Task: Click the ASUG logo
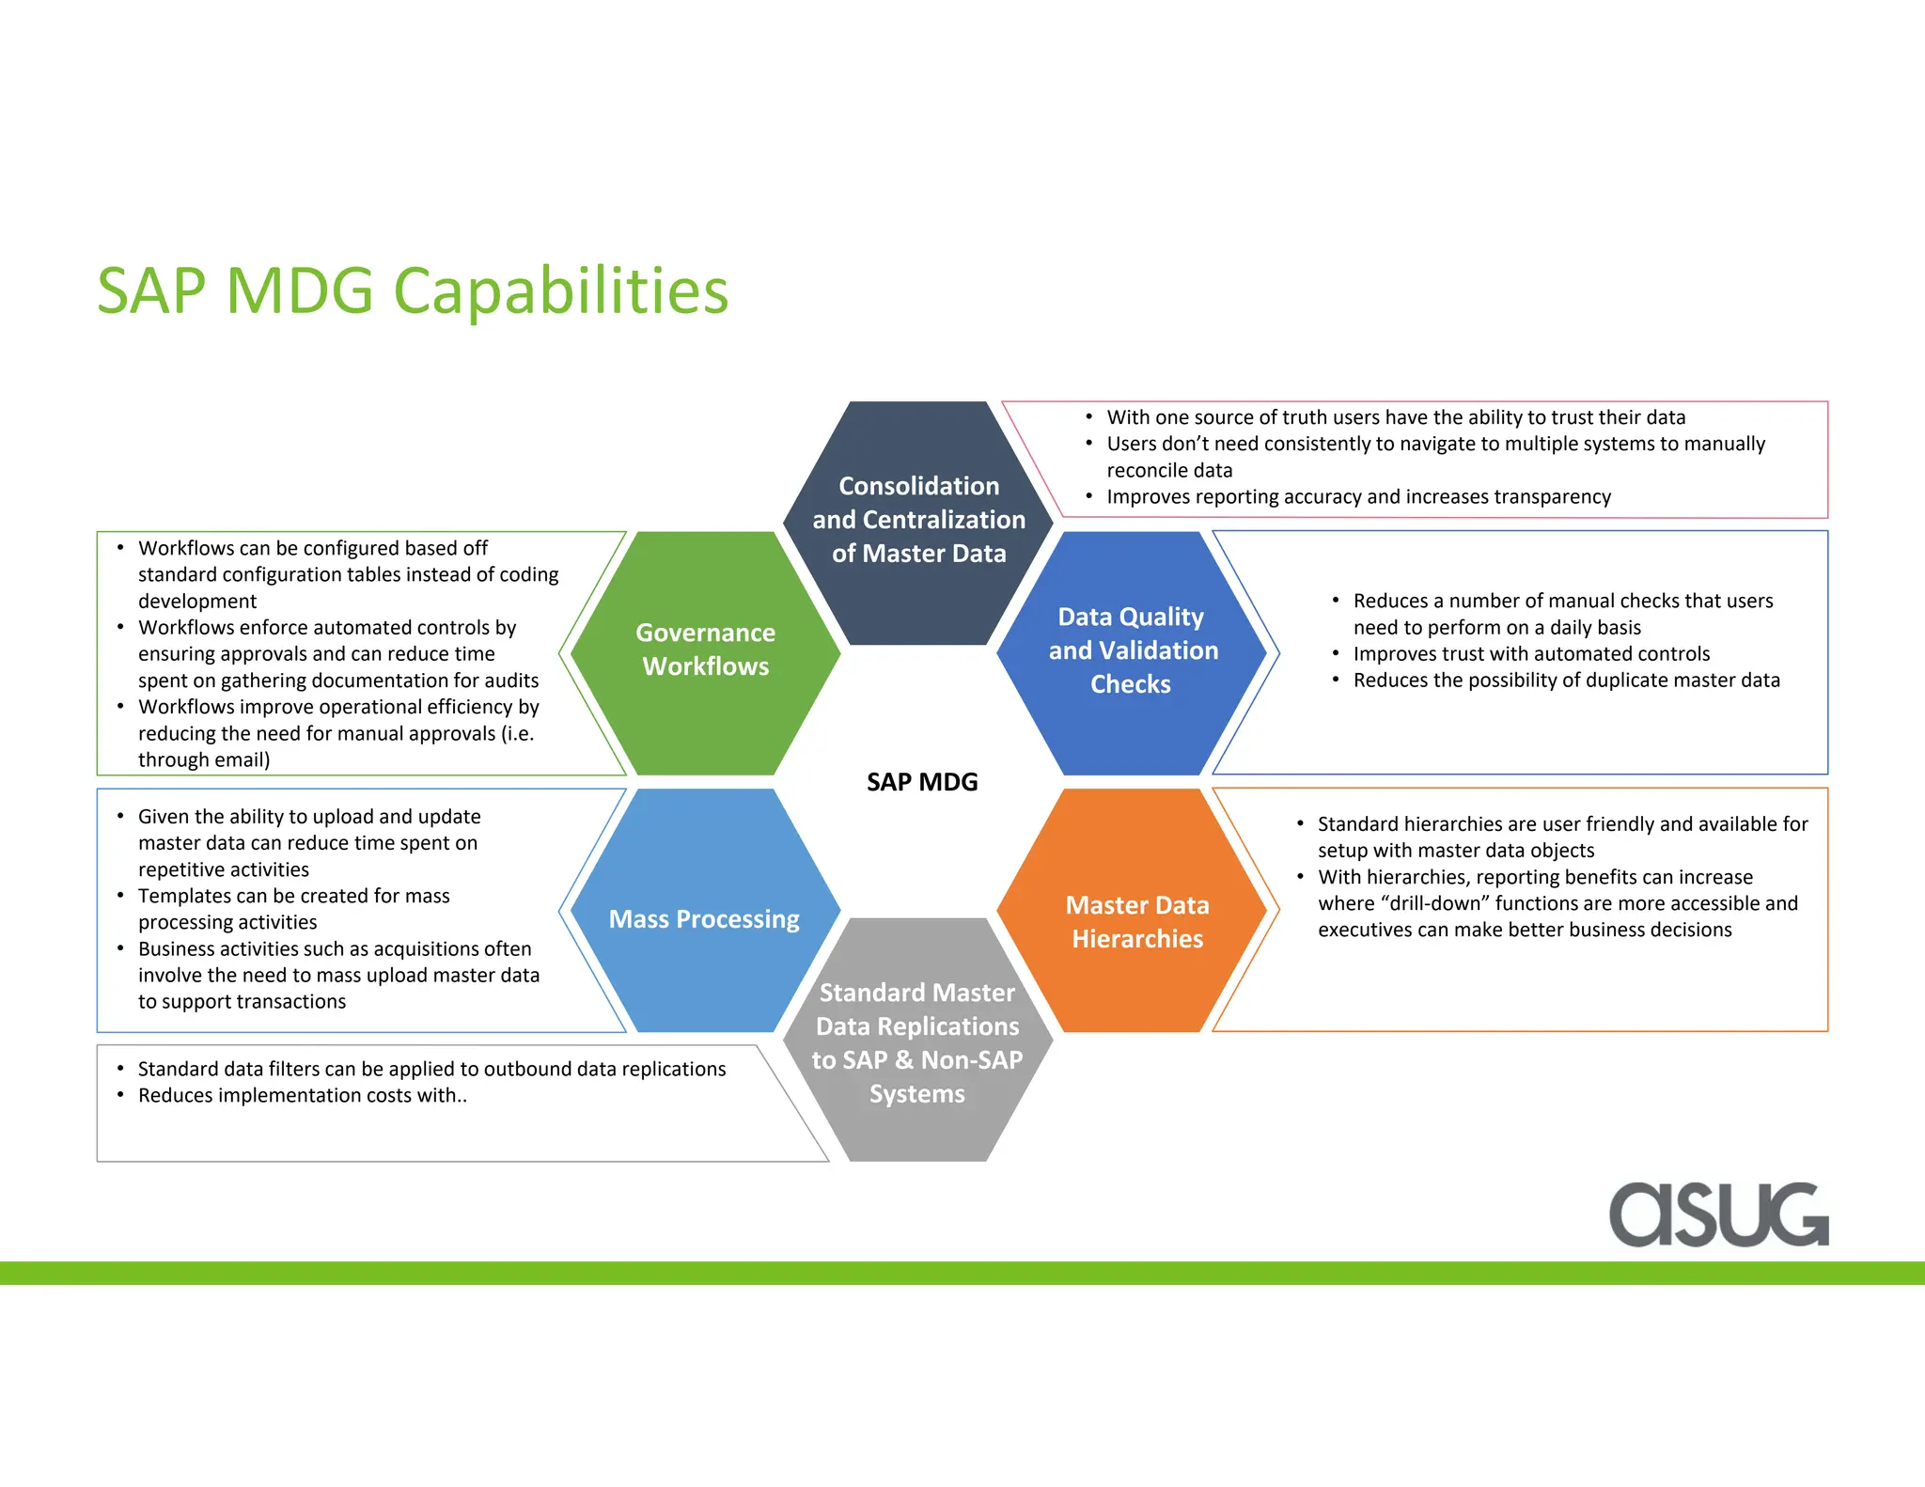click(x=1718, y=1214)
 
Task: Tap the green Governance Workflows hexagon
click(x=705, y=650)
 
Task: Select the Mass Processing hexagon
click(x=704, y=918)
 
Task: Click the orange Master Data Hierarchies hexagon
click(x=1136, y=921)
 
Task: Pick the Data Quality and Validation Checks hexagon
click(x=1132, y=650)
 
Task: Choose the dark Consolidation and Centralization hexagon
click(x=918, y=520)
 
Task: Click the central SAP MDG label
click(x=921, y=782)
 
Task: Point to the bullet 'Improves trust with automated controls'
click(x=1530, y=653)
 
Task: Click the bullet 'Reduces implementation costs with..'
click(x=302, y=1095)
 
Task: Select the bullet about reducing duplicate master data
click(x=1566, y=680)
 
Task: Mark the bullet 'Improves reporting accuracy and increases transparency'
click(x=1357, y=496)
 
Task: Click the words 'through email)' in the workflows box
click(x=204, y=759)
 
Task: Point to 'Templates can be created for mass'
click(x=293, y=896)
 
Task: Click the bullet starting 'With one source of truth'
click(x=1395, y=417)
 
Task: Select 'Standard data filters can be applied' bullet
click(x=430, y=1069)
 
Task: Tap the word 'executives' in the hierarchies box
click(x=1363, y=930)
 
